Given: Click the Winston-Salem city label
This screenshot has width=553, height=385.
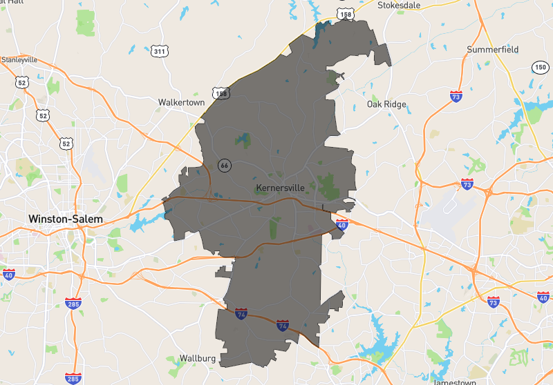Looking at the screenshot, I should [65, 219].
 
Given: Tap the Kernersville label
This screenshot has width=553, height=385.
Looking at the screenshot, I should [280, 188].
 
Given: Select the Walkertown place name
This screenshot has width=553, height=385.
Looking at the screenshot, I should [181, 102].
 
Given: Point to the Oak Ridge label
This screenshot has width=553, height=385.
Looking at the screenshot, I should [386, 105].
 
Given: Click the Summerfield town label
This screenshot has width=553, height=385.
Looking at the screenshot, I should [492, 50].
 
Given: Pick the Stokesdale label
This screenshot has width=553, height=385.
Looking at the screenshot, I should [400, 5].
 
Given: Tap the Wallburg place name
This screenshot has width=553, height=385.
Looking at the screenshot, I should [198, 358].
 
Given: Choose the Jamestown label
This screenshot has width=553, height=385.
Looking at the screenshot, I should [455, 382].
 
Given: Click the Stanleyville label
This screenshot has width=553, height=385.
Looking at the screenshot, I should [19, 59].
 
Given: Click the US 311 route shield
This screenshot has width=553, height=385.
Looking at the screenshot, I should [160, 51].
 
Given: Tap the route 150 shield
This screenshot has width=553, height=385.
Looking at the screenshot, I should [540, 67].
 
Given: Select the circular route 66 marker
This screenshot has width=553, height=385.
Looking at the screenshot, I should [224, 165].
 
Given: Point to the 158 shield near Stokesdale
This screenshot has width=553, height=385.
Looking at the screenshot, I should [346, 13].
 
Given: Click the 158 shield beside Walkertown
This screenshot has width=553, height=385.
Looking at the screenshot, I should [221, 93].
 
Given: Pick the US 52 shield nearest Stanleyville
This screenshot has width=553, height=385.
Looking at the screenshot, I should [21, 82].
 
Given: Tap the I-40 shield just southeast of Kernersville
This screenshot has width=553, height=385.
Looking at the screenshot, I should [341, 224].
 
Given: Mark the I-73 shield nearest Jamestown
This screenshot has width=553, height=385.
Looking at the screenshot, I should [493, 302].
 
